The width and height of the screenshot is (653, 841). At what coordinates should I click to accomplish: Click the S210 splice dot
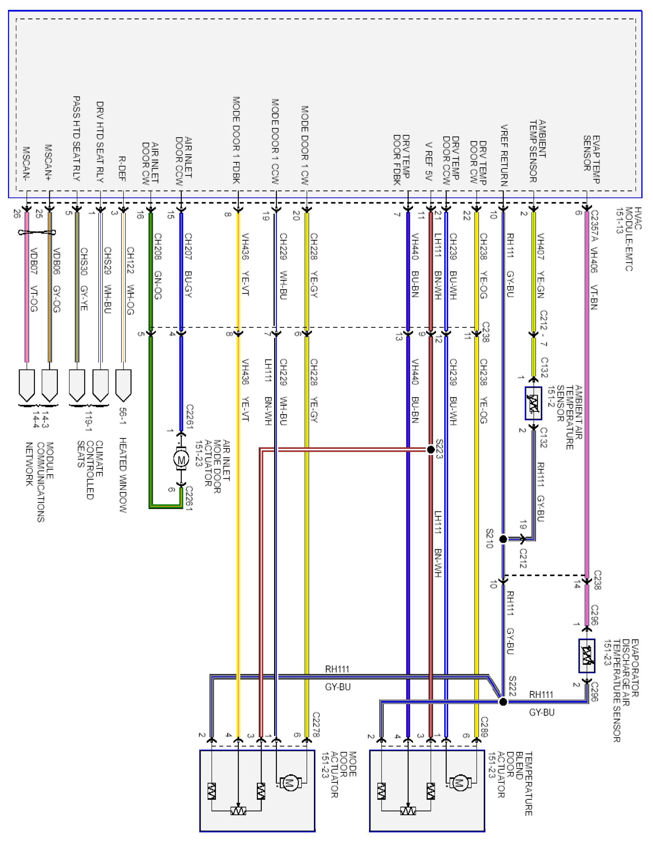(503, 539)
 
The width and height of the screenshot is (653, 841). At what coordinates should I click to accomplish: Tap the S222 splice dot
(503, 702)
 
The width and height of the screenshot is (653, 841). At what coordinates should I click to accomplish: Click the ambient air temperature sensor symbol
(533, 403)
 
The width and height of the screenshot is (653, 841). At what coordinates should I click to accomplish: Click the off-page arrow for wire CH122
(123, 385)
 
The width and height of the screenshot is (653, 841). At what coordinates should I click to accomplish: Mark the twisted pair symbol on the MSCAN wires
(37, 232)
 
